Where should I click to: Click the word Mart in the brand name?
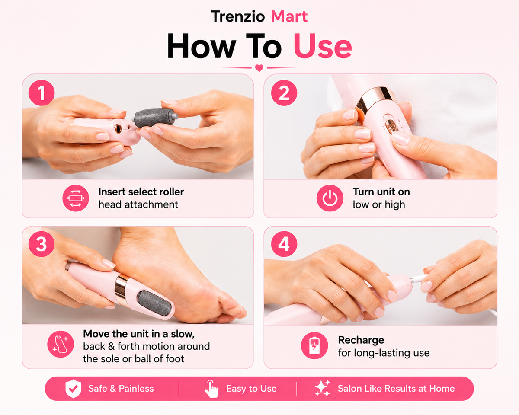(x=289, y=16)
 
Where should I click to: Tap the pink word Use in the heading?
(x=323, y=46)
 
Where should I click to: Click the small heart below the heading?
(x=259, y=68)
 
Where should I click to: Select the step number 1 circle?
(x=42, y=93)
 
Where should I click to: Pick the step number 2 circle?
(x=284, y=93)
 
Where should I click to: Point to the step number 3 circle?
(x=42, y=244)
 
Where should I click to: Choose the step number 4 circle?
(x=284, y=244)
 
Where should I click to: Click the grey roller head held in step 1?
(x=155, y=117)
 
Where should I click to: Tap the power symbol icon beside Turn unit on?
(x=330, y=198)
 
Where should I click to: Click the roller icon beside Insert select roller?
(x=76, y=198)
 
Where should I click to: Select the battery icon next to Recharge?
(x=314, y=346)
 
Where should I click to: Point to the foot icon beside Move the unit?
(x=61, y=344)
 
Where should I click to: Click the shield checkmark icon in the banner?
(x=73, y=389)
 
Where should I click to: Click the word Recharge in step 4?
(x=361, y=340)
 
